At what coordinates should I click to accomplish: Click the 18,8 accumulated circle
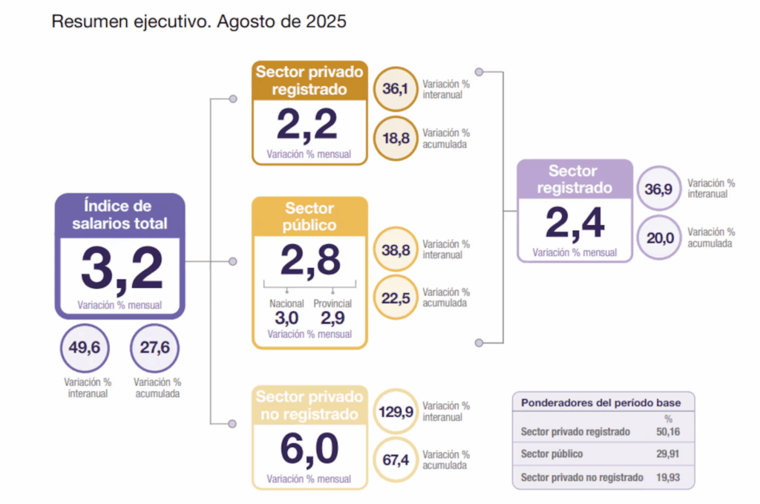(x=396, y=138)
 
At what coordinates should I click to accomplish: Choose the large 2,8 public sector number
(x=310, y=260)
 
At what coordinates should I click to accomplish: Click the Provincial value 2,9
(x=332, y=318)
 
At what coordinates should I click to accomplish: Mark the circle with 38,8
(x=396, y=250)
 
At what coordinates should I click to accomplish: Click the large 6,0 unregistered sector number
(x=309, y=448)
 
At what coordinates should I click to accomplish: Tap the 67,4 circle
(x=396, y=460)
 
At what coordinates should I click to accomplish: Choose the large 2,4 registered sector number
(x=574, y=223)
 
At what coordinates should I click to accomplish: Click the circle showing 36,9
(x=658, y=189)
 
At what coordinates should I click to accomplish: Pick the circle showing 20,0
(x=658, y=238)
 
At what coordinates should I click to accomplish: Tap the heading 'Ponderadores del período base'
(x=600, y=403)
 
